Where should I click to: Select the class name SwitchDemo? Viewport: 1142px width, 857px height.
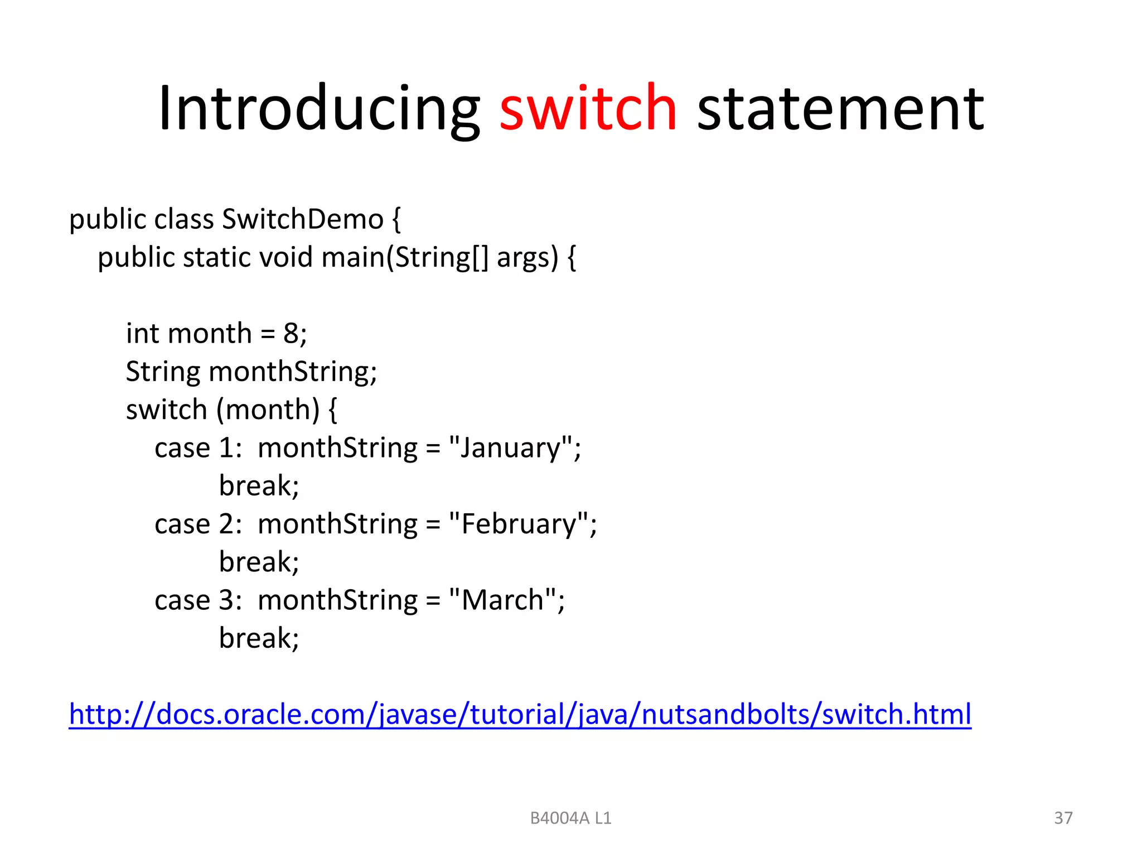303,219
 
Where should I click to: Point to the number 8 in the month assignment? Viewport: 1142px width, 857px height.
291,334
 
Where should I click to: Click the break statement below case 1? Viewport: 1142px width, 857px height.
259,486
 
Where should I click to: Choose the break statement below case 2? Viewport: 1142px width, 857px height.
259,562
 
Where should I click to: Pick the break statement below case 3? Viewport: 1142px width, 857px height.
259,638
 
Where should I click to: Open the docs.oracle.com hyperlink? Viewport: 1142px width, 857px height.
520,714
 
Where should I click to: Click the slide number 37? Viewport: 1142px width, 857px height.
1063,818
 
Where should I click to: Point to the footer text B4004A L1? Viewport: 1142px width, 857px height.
570,819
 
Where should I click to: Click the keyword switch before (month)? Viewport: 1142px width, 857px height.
167,410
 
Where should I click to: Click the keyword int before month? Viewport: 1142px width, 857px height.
142,334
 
